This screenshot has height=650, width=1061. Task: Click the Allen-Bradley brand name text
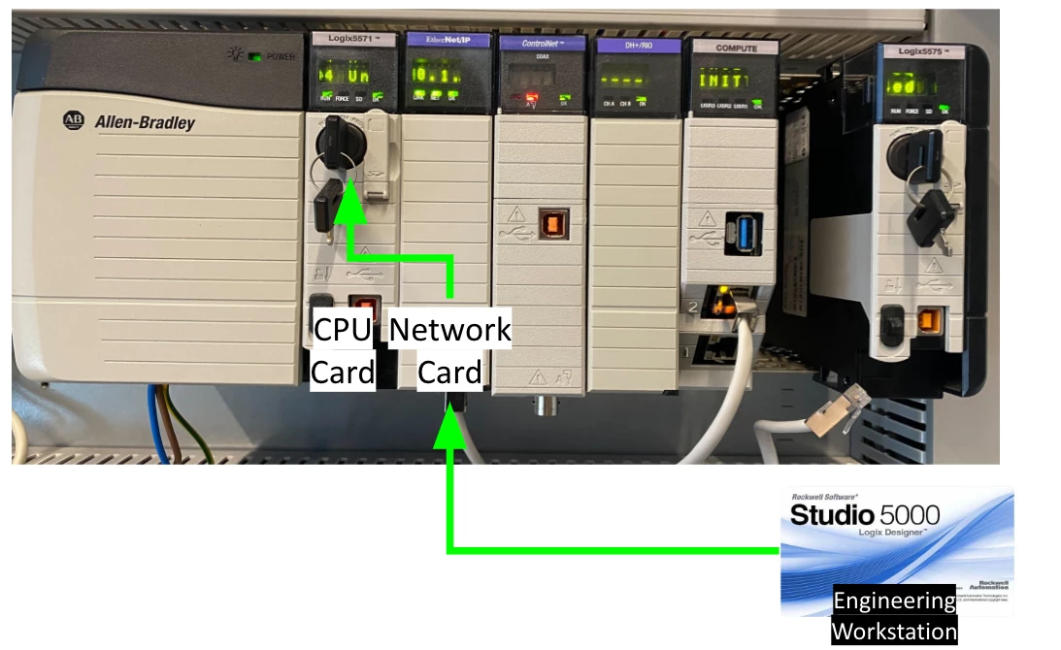(144, 122)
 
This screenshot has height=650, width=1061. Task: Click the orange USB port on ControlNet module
(553, 224)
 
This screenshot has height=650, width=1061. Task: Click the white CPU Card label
(343, 351)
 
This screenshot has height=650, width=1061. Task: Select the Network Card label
(449, 351)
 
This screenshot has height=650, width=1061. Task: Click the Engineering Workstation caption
(894, 617)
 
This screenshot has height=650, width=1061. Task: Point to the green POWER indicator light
(254, 56)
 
